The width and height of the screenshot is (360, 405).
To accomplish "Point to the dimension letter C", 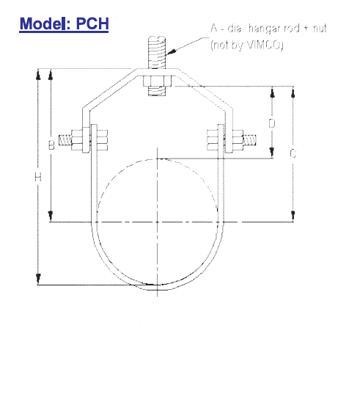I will tap(293, 153).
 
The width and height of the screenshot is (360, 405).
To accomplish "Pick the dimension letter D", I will tap(271, 123).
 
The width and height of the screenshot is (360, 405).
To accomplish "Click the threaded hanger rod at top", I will tap(157, 52).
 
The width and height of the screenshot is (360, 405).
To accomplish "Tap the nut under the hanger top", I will tap(157, 80).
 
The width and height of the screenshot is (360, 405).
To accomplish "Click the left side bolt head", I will tap(76, 140).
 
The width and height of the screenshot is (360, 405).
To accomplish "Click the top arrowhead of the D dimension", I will tap(272, 91).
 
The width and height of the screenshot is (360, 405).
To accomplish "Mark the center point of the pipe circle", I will tap(158, 222).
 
